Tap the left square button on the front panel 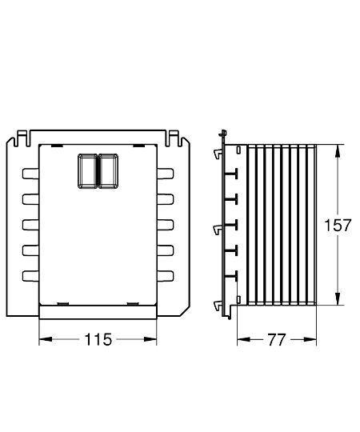pyautogui.click(x=86, y=170)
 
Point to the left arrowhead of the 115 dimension pyautogui.click(x=43, y=339)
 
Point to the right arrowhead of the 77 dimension pyautogui.click(x=314, y=339)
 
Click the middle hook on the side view pyautogui.click(x=218, y=230)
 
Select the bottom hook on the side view pyautogui.click(x=218, y=305)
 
